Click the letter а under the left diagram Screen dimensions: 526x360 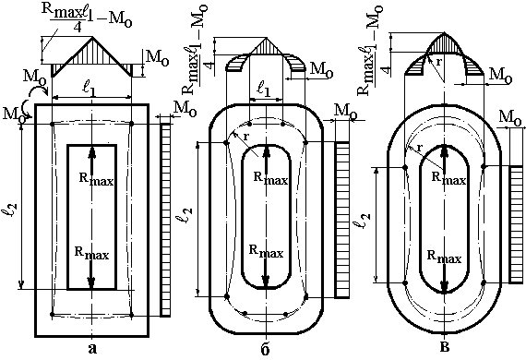tap(92, 349)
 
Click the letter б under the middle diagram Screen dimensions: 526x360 tap(265, 349)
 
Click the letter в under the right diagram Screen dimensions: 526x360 tap(445, 347)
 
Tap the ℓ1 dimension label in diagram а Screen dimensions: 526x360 tap(90, 90)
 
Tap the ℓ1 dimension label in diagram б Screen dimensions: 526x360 tap(264, 90)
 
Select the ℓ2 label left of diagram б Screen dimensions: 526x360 tap(186, 215)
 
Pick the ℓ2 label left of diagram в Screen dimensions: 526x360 tap(364, 220)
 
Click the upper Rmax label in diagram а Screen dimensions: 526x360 tap(96, 179)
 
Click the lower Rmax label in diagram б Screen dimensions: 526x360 tap(266, 251)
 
